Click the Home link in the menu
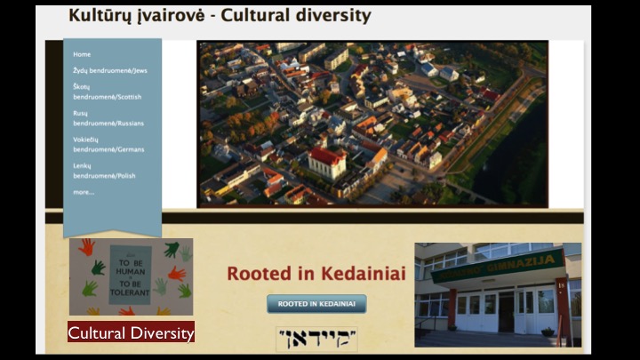pos(82,54)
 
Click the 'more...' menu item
pos(84,192)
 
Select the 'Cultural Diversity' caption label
pos(131,333)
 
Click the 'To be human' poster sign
pos(130,275)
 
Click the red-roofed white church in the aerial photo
pos(326,162)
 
